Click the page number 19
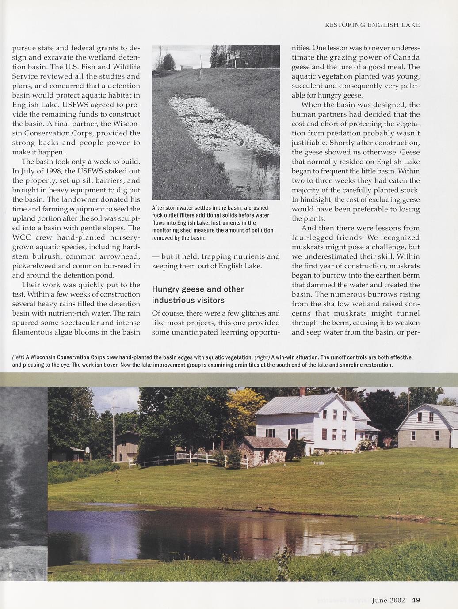coord(416,600)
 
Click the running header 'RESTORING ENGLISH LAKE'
coord(372,25)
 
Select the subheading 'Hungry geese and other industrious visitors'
coord(198,295)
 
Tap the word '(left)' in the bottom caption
coord(18,357)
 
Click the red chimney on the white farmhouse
coord(302,391)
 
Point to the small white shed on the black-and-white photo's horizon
coord(186,66)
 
